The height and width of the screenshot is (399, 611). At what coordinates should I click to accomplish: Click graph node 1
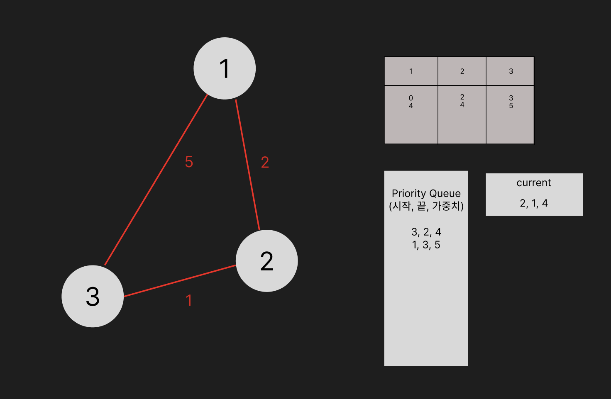click(225, 68)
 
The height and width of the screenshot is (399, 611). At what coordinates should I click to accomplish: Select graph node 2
click(266, 261)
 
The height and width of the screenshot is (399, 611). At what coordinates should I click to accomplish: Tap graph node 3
click(93, 296)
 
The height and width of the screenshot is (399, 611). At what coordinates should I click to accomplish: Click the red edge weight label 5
click(189, 162)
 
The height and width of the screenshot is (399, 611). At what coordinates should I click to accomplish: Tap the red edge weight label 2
click(265, 162)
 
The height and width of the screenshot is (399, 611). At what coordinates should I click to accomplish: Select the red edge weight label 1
click(189, 300)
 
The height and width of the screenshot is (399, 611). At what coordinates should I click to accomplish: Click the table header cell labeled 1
click(411, 71)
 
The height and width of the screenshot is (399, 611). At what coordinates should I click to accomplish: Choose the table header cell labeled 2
click(462, 71)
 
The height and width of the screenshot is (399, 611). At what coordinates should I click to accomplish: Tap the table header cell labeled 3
click(511, 71)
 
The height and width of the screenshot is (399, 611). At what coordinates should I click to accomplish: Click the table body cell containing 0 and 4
click(411, 114)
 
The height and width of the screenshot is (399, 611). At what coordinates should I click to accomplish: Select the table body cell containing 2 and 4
click(462, 114)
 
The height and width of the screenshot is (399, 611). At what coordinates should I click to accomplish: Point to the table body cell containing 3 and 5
click(511, 114)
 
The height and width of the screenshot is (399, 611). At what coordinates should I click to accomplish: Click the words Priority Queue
click(426, 193)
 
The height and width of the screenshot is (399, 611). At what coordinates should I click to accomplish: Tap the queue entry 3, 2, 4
click(426, 232)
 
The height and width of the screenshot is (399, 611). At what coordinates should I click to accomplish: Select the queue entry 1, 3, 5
click(426, 245)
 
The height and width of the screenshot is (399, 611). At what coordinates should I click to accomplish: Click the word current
click(534, 183)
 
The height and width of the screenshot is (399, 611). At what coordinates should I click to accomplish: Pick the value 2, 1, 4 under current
click(534, 203)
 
